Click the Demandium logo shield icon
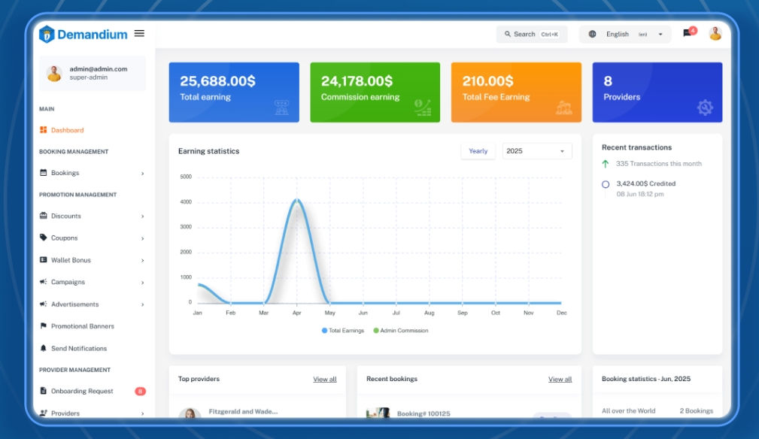(x=47, y=34)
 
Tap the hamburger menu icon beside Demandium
(x=139, y=33)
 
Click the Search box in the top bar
(x=532, y=34)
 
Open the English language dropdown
(x=625, y=34)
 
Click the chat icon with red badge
(x=688, y=33)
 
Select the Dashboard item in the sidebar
(x=67, y=130)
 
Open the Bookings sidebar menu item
(x=65, y=173)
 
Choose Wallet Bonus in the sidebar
(x=71, y=260)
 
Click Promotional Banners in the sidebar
(x=82, y=326)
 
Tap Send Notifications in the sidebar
(x=78, y=349)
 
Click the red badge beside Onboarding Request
(x=140, y=391)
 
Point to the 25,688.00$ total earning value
(x=217, y=81)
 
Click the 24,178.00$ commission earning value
(x=357, y=81)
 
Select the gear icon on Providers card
(x=705, y=107)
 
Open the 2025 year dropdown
(x=536, y=151)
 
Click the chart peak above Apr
(x=297, y=200)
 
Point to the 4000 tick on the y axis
(x=186, y=201)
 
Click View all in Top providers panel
(x=325, y=380)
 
